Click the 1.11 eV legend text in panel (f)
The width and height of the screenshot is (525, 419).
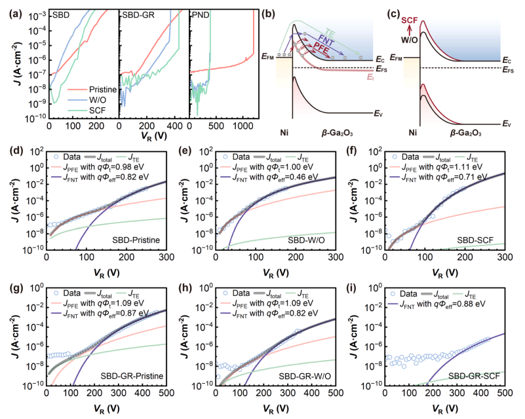click(468, 167)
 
